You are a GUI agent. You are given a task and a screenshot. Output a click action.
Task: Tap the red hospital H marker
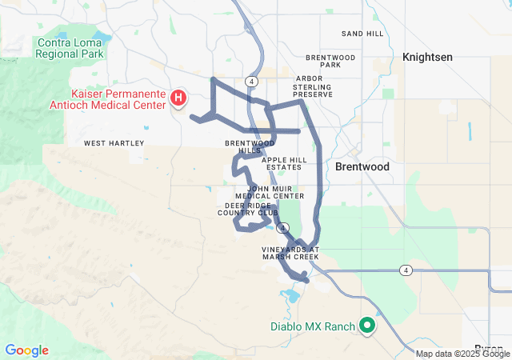click(179, 98)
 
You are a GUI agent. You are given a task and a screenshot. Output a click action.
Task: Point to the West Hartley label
click(114, 143)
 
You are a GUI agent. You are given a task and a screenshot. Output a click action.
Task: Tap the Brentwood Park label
click(330, 62)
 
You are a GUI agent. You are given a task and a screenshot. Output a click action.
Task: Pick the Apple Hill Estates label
click(286, 163)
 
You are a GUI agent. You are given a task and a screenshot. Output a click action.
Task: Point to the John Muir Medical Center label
click(270, 191)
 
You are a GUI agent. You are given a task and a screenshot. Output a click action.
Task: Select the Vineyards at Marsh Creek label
click(291, 254)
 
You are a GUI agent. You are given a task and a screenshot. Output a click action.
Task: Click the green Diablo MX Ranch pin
click(367, 325)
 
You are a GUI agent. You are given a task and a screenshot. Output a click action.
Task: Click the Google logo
click(26, 350)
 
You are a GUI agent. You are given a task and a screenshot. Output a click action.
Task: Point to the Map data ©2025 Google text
click(462, 354)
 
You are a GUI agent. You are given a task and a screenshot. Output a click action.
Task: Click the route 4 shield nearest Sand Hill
click(252, 81)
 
